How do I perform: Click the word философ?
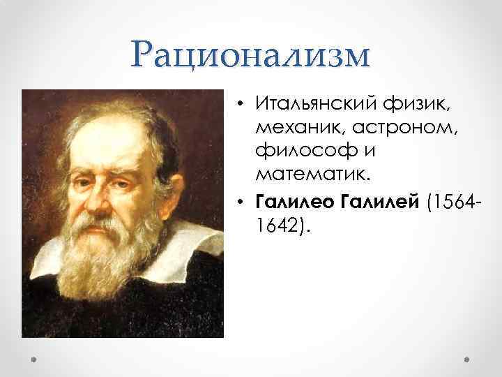[x=304, y=149]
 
